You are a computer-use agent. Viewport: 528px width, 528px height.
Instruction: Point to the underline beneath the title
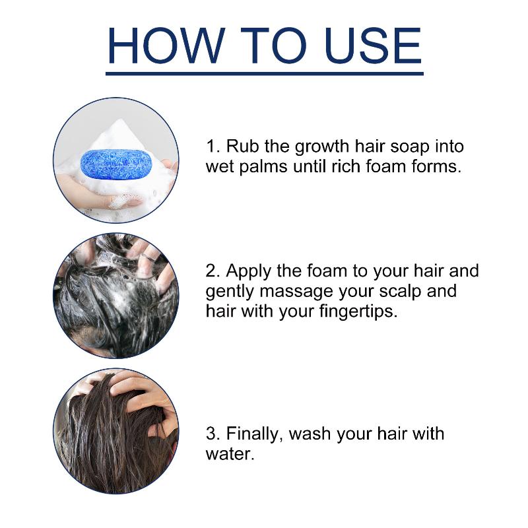(x=265, y=73)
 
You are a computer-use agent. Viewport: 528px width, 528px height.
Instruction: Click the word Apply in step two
(x=249, y=272)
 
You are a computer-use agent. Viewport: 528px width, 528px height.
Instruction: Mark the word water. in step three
(x=230, y=454)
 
